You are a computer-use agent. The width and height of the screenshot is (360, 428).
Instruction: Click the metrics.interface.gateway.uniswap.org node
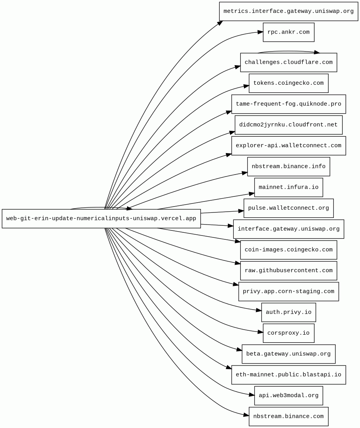288,11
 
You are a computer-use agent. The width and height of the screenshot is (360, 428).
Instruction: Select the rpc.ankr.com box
288,32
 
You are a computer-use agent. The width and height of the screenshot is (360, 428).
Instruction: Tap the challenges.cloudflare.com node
288,62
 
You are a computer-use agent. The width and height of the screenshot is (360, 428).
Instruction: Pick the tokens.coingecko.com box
288,83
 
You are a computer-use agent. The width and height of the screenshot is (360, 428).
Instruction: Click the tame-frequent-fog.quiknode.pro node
288,104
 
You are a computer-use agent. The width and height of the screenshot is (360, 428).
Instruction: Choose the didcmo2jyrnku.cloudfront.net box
288,125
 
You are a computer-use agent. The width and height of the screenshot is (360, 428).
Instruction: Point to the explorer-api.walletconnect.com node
288,146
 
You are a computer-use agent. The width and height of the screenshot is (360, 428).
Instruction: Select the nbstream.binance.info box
288,166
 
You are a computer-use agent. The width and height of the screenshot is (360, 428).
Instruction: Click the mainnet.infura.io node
288,187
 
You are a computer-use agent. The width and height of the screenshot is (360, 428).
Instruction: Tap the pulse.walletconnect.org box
288,208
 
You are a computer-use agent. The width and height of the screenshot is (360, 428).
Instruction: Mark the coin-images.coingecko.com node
288,250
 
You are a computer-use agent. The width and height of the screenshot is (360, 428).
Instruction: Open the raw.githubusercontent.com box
288,271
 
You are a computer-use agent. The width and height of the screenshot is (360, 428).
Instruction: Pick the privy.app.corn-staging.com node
288,292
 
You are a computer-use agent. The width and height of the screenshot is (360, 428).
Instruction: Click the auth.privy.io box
288,312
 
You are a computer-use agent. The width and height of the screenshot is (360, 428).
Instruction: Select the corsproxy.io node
288,333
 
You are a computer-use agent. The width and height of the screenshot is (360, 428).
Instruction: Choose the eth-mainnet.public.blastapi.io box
288,375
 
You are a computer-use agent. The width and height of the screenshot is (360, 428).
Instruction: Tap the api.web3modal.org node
288,396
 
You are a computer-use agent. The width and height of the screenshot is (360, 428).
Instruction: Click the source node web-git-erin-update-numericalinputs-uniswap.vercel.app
101,219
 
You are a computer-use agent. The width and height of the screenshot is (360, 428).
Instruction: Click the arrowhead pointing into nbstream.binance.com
246,415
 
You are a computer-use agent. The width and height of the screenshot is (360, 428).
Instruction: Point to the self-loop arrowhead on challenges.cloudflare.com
316,52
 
